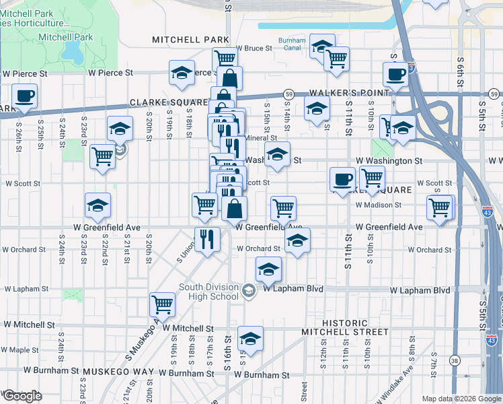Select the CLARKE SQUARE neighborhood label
(169, 102)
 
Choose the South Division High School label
(208, 292)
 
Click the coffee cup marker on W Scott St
(342, 179)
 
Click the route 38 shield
(455, 361)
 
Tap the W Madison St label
(378, 205)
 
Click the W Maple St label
(20, 350)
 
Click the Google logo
(22, 396)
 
